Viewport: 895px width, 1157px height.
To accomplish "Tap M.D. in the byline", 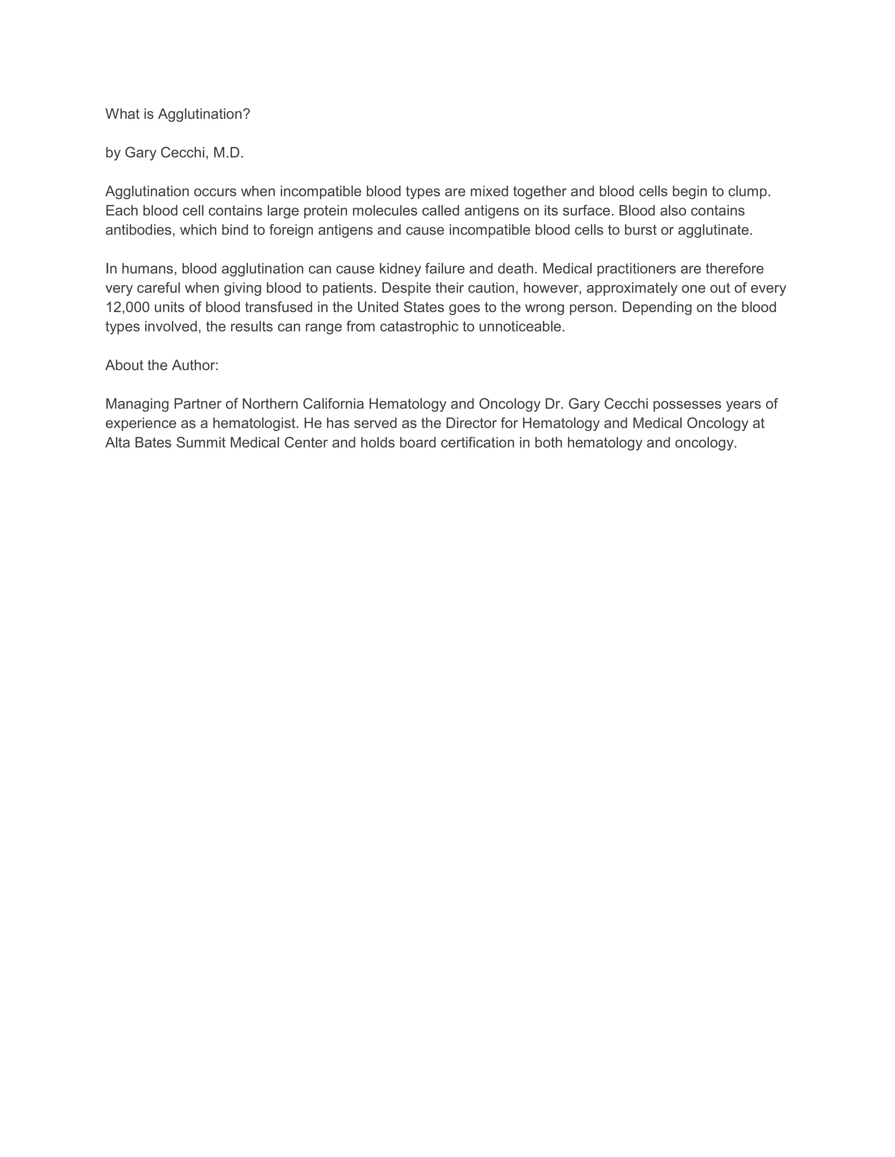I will click(229, 153).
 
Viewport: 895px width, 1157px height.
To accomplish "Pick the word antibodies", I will click(140, 231).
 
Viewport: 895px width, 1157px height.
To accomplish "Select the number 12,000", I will click(127, 308).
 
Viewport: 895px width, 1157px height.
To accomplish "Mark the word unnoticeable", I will click(522, 327).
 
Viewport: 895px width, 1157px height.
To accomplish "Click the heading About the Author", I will click(162, 365).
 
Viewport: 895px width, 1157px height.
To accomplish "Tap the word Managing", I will click(137, 404).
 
